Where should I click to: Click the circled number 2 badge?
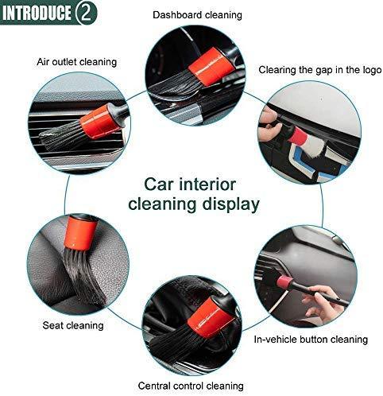coord(86,13)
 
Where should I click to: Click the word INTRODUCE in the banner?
coord(37,13)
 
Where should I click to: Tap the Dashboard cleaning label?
coord(197,15)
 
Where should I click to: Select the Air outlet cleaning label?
coord(77,62)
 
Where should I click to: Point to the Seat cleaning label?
coord(73,325)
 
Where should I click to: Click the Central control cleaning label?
coord(191,386)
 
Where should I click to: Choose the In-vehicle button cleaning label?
coord(311,340)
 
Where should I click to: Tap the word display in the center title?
coord(230,204)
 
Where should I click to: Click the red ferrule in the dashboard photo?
coord(211,67)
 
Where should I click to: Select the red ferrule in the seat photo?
coord(81,233)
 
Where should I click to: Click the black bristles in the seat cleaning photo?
coord(83,276)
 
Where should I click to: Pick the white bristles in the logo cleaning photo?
coord(315,147)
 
